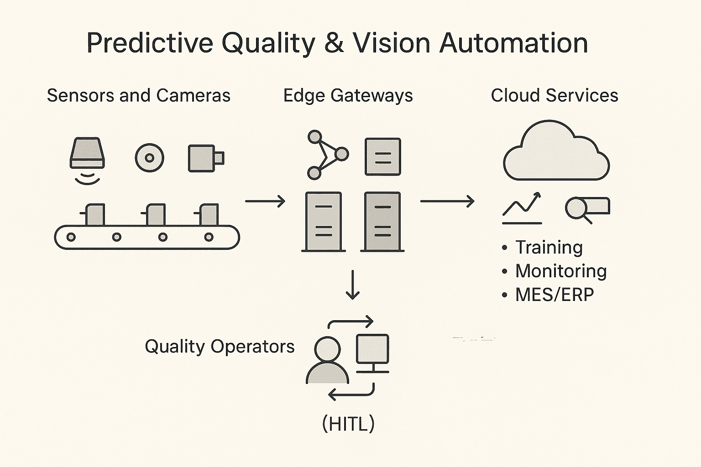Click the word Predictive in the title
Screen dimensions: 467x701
click(150, 43)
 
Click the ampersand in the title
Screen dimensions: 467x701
click(334, 43)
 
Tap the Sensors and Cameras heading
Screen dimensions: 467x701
click(138, 96)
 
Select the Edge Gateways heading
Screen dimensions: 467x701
click(348, 96)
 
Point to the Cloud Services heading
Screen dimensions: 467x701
click(554, 96)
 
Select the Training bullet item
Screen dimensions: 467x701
click(549, 248)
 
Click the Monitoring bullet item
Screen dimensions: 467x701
click(560, 271)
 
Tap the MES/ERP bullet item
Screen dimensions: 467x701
click(554, 295)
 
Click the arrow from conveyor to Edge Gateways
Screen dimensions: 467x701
click(265, 201)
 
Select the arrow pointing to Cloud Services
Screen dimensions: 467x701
click(447, 201)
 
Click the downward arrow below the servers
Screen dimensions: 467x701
click(352, 285)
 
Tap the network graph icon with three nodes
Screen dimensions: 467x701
click(326, 155)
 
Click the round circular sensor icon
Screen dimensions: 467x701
click(150, 158)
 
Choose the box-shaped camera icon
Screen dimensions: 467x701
click(205, 158)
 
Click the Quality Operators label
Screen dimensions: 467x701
click(220, 347)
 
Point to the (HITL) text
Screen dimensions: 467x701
click(348, 424)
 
